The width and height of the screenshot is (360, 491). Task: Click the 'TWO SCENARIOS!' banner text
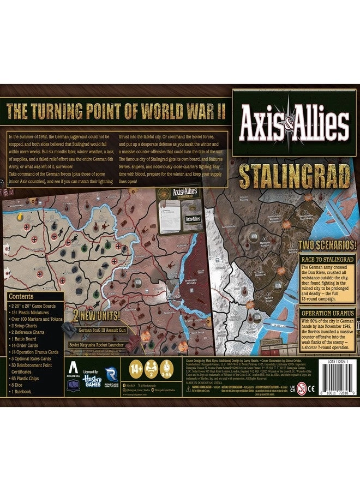tap(327, 245)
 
